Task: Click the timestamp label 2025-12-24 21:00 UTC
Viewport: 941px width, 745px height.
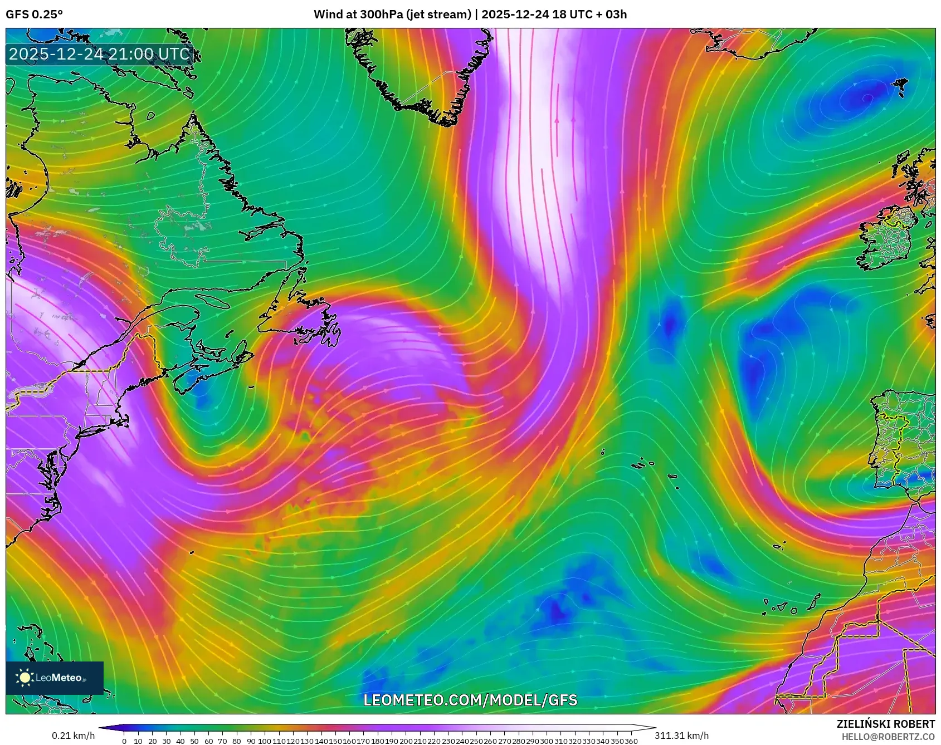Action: tap(99, 54)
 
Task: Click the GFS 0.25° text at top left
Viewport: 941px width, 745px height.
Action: tap(34, 14)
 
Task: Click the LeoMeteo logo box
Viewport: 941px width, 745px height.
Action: tap(55, 678)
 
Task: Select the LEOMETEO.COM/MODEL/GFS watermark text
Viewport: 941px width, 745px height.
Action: tap(470, 700)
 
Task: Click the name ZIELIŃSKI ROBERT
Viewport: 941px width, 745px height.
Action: tap(885, 724)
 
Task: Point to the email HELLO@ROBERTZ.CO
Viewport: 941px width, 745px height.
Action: tap(888, 737)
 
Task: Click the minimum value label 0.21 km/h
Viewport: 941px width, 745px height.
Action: tap(73, 736)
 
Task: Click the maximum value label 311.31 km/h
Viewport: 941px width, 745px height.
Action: tap(681, 736)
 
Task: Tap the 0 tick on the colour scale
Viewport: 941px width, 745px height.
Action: tap(124, 741)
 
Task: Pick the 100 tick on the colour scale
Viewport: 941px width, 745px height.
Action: tap(265, 741)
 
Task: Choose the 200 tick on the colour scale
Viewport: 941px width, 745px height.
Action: tap(406, 741)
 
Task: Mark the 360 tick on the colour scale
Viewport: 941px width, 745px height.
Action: tap(631, 741)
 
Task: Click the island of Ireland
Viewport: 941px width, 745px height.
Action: tap(886, 239)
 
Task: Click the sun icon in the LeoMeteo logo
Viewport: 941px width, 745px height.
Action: tap(25, 677)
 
